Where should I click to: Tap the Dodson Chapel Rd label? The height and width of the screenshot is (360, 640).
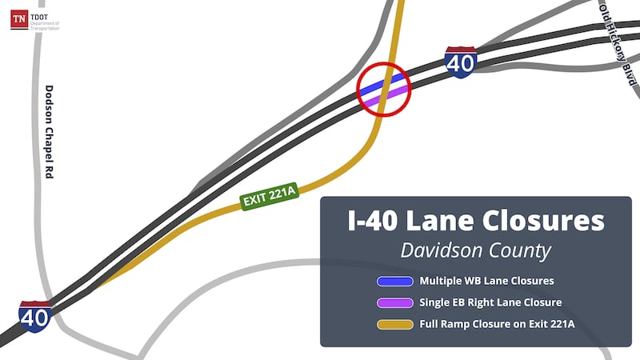click(x=49, y=132)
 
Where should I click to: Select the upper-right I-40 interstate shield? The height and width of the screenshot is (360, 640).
click(x=461, y=62)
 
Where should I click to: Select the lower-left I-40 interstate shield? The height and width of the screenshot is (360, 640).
click(x=36, y=316)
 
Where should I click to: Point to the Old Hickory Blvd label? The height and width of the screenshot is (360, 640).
click(x=618, y=42)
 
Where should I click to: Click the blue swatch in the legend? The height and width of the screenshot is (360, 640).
click(x=394, y=281)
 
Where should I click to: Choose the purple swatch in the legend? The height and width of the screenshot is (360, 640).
click(x=394, y=302)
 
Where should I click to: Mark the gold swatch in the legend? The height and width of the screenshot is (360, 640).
click(x=394, y=324)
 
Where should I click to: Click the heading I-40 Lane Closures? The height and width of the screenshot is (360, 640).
click(x=475, y=219)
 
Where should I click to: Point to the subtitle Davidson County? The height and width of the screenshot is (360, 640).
click(x=475, y=250)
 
